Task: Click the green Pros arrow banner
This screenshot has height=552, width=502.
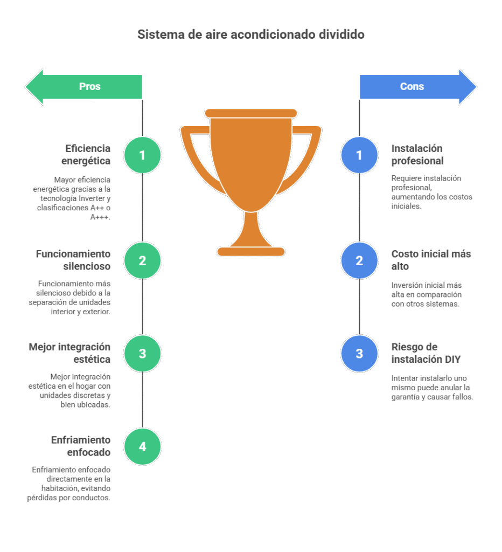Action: (x=86, y=86)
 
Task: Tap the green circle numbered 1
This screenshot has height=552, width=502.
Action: (x=142, y=155)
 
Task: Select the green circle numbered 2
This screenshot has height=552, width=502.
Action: (x=142, y=261)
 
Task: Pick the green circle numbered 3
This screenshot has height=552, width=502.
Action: (x=142, y=354)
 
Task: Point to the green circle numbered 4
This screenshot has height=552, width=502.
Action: (x=142, y=446)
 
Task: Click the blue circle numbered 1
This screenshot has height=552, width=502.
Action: (x=359, y=155)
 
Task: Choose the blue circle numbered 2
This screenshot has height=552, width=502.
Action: (x=359, y=261)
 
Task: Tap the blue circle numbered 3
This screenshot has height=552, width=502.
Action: (x=359, y=354)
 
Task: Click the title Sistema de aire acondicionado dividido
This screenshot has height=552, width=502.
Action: (x=251, y=34)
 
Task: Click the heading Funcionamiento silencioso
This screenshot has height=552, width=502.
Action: (x=73, y=260)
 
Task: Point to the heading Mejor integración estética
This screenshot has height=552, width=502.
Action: (x=69, y=353)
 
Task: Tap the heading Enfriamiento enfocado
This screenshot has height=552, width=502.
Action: (x=81, y=446)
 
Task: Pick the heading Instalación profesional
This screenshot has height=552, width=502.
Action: (x=417, y=154)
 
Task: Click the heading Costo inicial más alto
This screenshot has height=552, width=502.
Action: (x=430, y=260)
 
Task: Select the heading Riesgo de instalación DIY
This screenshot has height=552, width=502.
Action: (x=426, y=353)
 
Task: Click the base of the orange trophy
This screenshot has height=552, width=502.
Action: (x=251, y=251)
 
